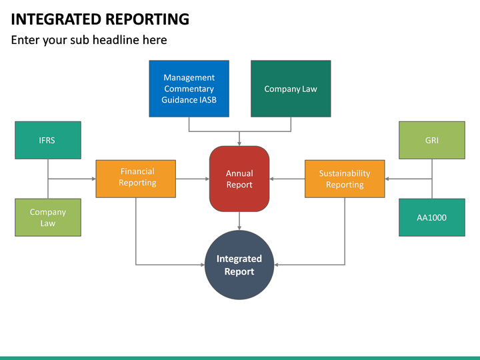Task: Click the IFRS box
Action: coord(48,140)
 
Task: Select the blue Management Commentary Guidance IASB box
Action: coord(189,89)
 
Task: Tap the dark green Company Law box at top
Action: coord(291,89)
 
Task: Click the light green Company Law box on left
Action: coord(48,217)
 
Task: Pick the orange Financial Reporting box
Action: coord(136,179)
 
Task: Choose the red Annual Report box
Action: coord(239,179)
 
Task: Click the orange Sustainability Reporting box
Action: coord(345,179)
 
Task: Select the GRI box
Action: coord(432,140)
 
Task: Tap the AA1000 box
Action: coord(432,217)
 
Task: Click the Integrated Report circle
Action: coord(239,265)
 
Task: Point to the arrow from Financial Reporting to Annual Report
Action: coord(193,179)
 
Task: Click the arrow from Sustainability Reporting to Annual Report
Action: coord(287,179)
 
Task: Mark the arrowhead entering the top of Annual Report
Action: coord(239,143)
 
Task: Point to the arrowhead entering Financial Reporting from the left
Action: coord(93,179)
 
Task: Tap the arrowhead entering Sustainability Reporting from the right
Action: coord(388,179)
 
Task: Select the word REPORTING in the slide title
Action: coord(144,19)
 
